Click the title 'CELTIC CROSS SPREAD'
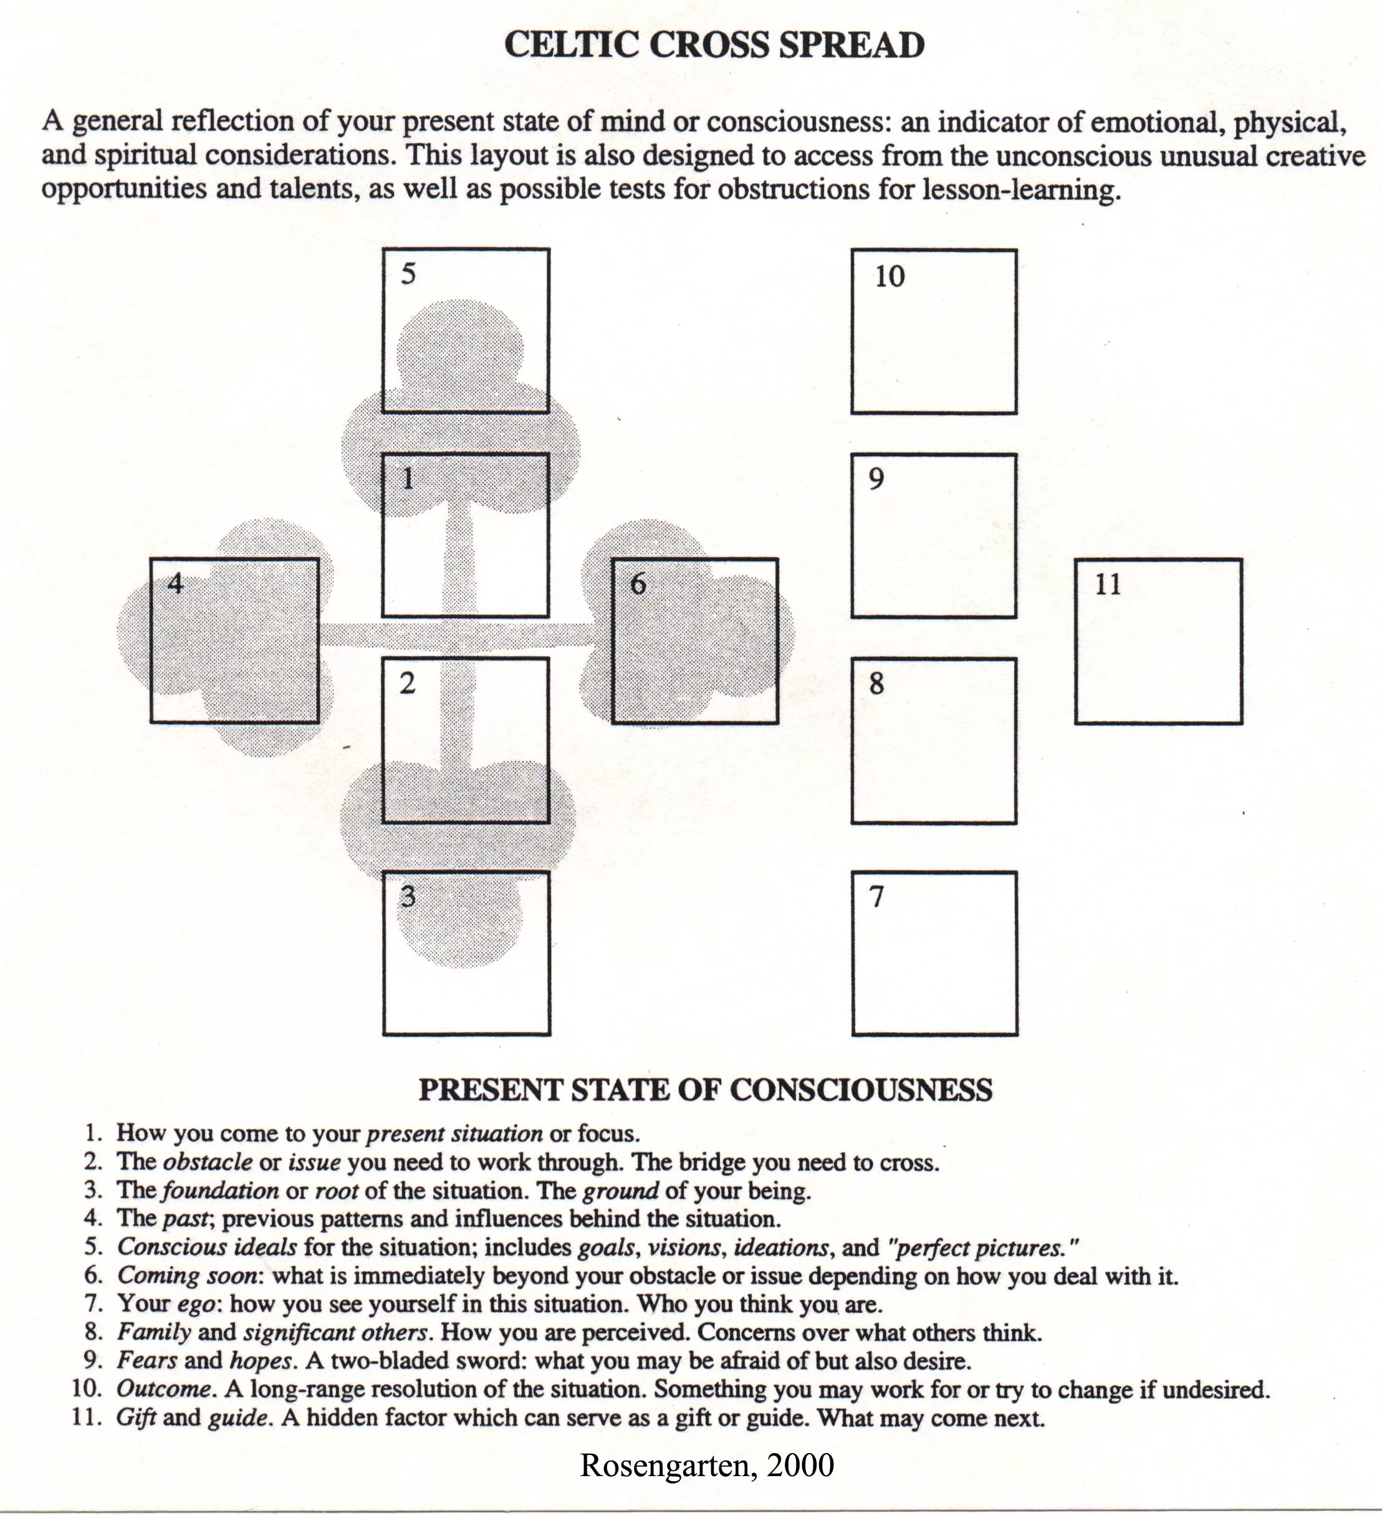point(714,45)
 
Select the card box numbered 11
point(1158,641)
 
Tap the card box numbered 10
point(934,331)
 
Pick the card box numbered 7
point(934,953)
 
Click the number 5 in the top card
point(408,274)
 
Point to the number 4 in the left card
point(175,583)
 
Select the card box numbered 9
point(934,535)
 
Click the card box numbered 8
point(934,741)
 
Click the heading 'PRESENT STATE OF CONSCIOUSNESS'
point(705,1090)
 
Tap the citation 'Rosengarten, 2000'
point(706,1465)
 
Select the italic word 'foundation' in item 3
point(219,1190)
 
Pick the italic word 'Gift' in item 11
point(136,1418)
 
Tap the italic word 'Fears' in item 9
point(146,1360)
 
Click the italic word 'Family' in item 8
point(153,1332)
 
